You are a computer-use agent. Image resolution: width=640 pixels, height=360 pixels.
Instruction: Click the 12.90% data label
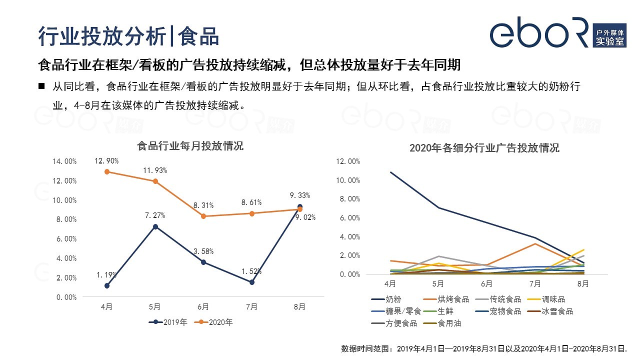[107, 161]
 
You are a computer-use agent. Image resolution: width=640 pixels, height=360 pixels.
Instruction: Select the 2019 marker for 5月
[155, 226]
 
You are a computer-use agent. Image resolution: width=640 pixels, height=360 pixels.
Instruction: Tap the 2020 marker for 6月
[203, 216]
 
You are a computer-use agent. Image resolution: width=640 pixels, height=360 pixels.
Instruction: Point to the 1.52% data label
[251, 271]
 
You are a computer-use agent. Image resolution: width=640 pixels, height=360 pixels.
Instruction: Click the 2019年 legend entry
[168, 322]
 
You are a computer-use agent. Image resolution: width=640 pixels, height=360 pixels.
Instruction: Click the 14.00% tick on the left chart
[64, 161]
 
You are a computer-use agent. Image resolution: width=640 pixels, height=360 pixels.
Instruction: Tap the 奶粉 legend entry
[386, 299]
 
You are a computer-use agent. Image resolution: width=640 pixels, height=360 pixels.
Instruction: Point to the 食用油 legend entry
[442, 323]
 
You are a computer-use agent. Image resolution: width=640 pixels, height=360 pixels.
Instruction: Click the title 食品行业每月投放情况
[190, 146]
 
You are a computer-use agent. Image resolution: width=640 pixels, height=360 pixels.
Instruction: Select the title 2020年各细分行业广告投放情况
[484, 148]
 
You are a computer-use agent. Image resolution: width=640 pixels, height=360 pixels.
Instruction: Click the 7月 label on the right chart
[535, 283]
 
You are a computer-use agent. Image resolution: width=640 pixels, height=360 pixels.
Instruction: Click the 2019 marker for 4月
[107, 285]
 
